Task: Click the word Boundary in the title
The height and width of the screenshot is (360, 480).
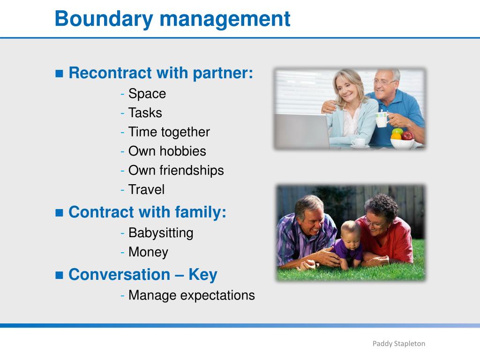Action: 104,19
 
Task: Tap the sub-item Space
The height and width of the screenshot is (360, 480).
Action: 147,94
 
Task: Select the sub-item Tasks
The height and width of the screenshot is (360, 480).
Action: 145,112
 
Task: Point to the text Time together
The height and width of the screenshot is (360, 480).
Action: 169,132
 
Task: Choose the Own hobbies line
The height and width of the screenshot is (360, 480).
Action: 167,151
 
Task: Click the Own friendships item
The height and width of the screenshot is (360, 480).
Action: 176,170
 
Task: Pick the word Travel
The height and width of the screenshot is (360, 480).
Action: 146,189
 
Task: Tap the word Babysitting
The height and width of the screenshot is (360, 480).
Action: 161,233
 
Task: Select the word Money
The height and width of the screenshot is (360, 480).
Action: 148,252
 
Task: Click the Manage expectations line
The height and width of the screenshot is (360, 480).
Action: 192,295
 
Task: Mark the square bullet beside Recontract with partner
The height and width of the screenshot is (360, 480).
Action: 59,74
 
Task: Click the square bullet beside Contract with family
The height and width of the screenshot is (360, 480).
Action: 59,212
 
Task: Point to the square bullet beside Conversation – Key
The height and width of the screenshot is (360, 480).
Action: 59,275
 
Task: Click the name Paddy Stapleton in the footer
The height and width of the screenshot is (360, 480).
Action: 398,344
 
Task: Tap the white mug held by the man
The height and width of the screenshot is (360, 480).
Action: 382,120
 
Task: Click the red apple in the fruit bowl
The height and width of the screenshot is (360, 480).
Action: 407,135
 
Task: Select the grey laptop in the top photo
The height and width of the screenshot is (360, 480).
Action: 302,130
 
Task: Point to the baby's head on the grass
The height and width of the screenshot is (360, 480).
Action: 351,232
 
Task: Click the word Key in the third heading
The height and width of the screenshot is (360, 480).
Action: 202,275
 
